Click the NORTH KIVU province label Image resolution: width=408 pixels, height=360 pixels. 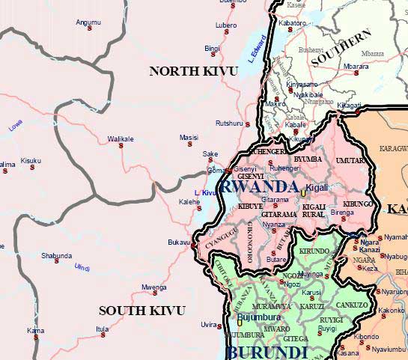click(193, 71)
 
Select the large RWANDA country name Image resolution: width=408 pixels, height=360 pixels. click(260, 186)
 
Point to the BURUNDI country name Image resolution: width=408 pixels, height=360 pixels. click(267, 352)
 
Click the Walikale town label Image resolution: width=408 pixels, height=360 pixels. click(120, 138)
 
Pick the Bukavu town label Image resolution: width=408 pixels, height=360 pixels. click(180, 243)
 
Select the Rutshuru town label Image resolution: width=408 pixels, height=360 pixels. click(229, 123)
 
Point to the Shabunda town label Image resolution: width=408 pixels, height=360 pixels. click(56, 255)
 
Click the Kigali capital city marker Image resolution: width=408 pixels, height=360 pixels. click(303, 193)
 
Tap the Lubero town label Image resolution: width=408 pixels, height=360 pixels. click(226, 25)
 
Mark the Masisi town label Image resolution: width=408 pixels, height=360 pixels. click(189, 138)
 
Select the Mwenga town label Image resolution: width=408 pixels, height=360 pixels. click(154, 287)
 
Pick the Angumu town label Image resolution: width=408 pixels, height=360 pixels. click(88, 22)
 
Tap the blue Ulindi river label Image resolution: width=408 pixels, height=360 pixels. click(82, 268)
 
